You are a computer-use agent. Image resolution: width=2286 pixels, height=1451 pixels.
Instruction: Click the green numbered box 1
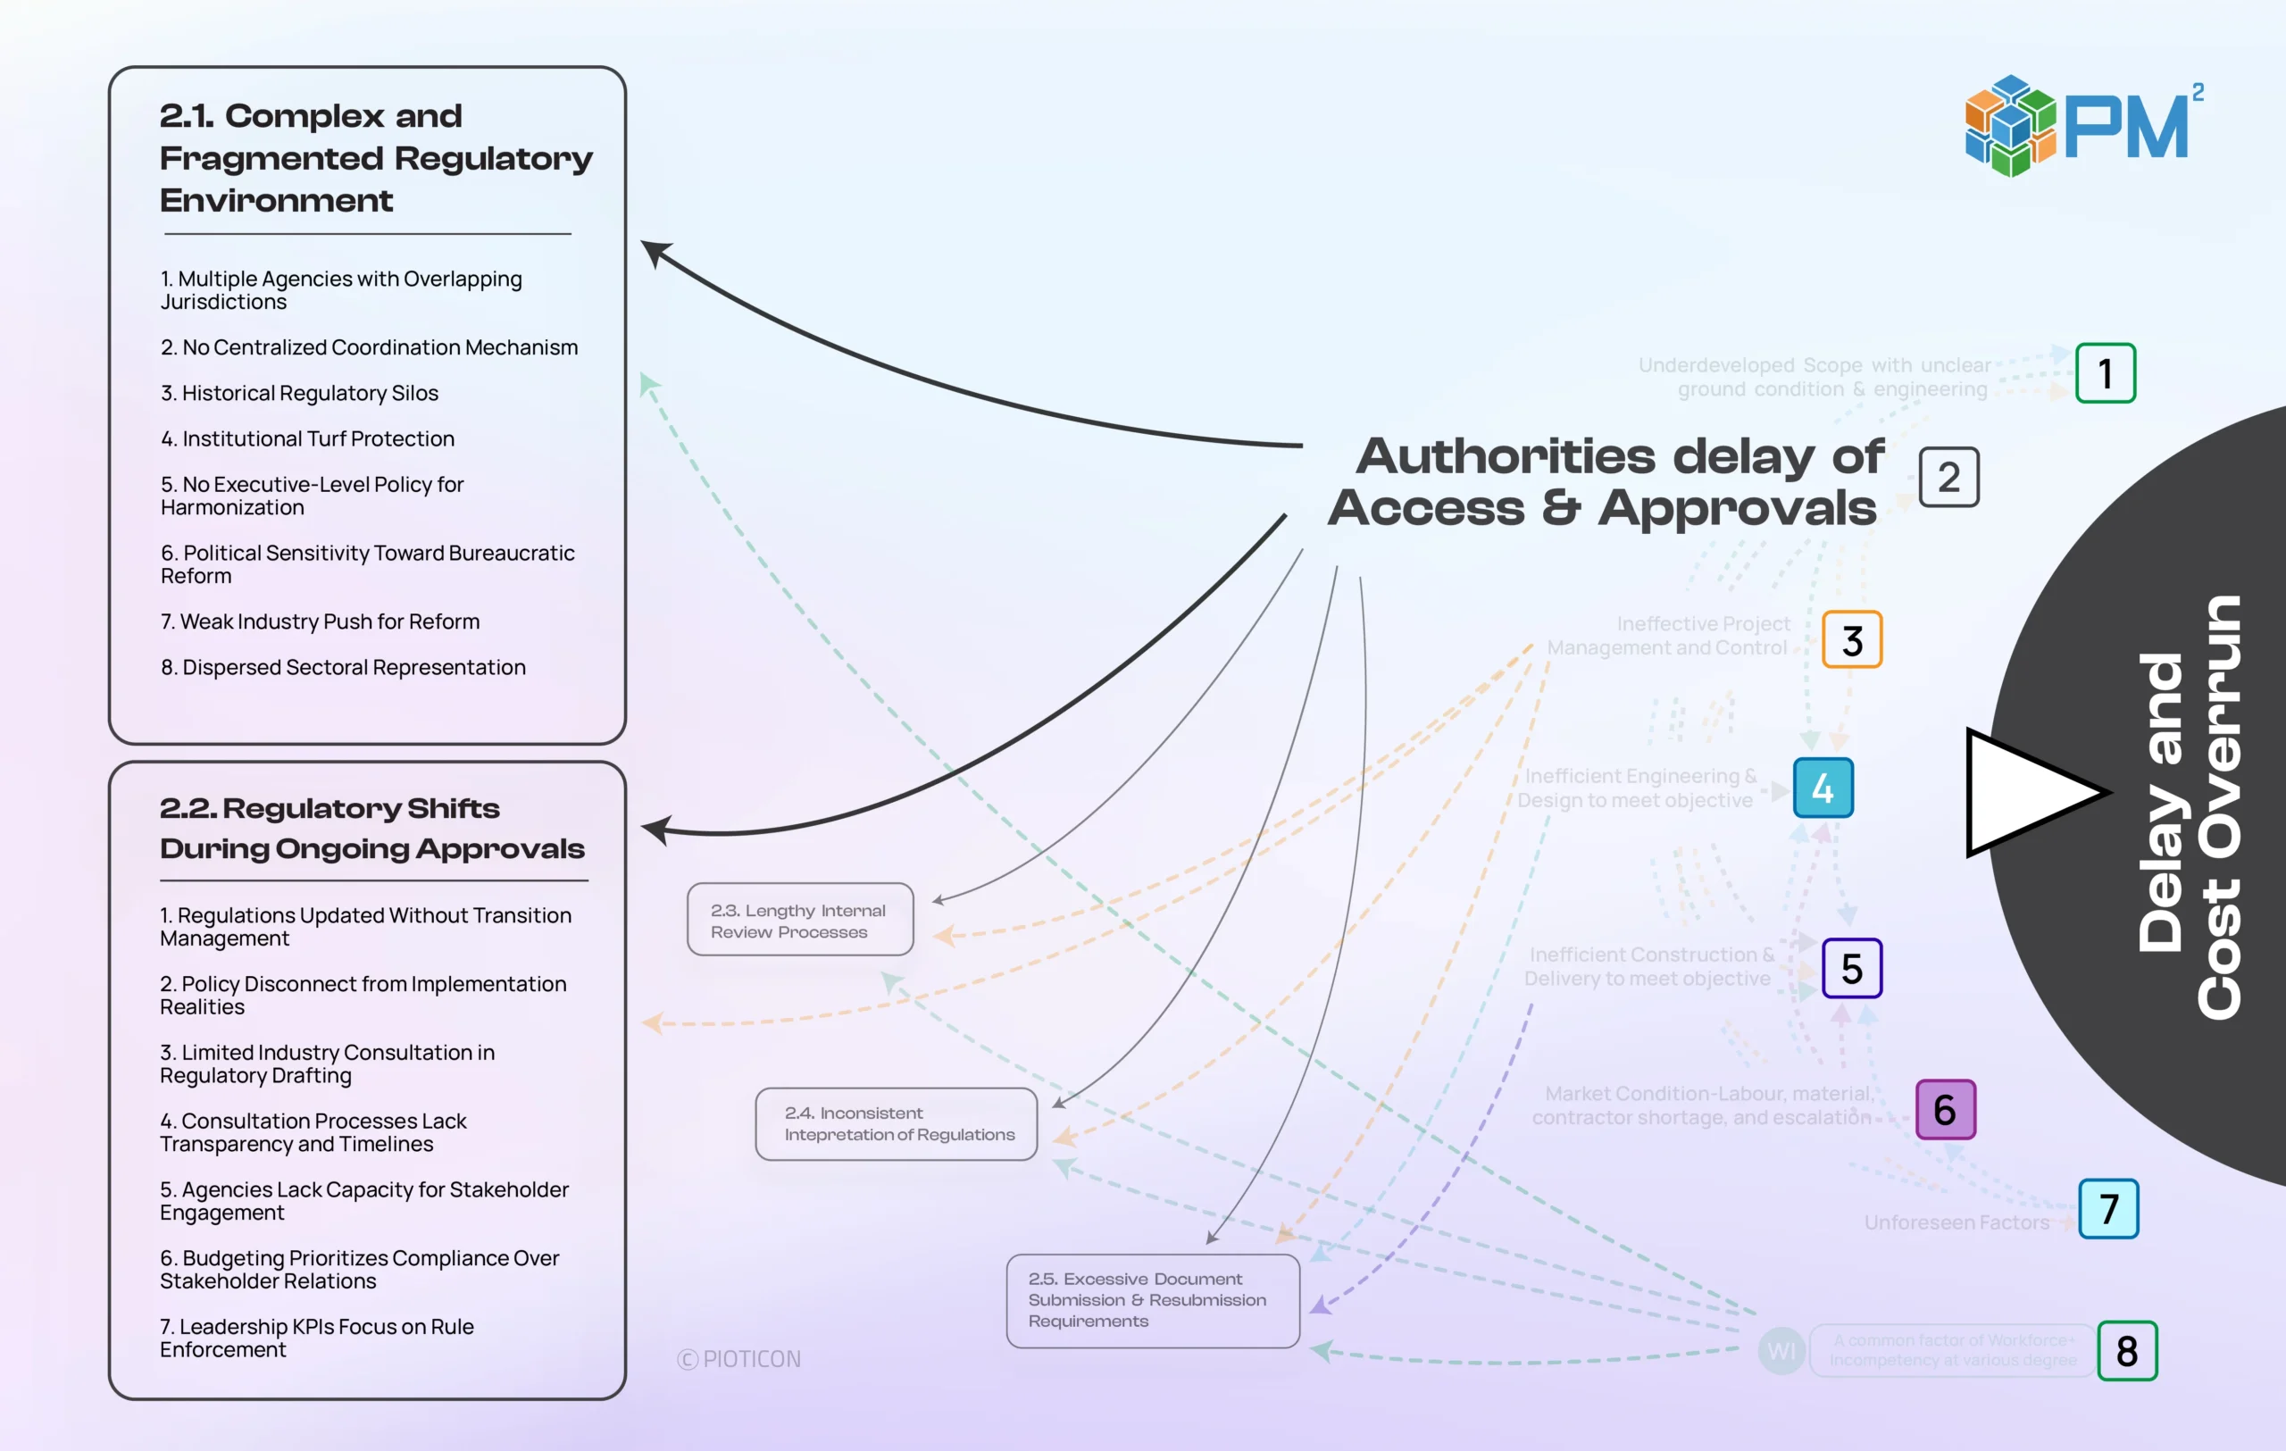2105,373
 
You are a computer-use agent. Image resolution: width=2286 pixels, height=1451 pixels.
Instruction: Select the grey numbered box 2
1948,478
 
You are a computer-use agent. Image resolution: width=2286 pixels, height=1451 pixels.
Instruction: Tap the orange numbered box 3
1851,640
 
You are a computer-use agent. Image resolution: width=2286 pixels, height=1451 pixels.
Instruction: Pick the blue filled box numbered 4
1823,788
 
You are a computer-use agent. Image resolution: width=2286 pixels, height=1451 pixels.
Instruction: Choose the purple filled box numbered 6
1945,1109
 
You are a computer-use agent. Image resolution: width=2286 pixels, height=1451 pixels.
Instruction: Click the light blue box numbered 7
2108,1209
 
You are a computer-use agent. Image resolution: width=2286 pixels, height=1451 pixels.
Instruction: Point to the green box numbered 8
2126,1350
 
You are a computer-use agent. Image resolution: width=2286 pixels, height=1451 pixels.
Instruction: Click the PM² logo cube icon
2010,126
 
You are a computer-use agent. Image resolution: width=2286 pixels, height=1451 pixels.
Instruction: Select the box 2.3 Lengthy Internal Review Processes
799,920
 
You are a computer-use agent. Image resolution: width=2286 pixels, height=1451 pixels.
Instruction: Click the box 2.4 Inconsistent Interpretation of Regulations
896,1123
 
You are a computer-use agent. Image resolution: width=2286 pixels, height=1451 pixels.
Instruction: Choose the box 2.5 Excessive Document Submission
1153,1300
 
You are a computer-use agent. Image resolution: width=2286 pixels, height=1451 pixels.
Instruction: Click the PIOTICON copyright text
739,1359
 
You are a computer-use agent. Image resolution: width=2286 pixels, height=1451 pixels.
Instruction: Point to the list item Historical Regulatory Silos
299,393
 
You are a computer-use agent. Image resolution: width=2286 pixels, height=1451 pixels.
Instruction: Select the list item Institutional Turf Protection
307,438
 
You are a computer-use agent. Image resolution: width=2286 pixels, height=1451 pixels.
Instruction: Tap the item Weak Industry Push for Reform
320,621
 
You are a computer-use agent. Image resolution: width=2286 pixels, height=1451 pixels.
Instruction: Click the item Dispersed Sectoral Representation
343,667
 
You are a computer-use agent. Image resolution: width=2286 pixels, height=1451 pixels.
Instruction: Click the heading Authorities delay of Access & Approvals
1605,482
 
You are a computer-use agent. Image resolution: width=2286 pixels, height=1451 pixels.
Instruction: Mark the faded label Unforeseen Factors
1956,1222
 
